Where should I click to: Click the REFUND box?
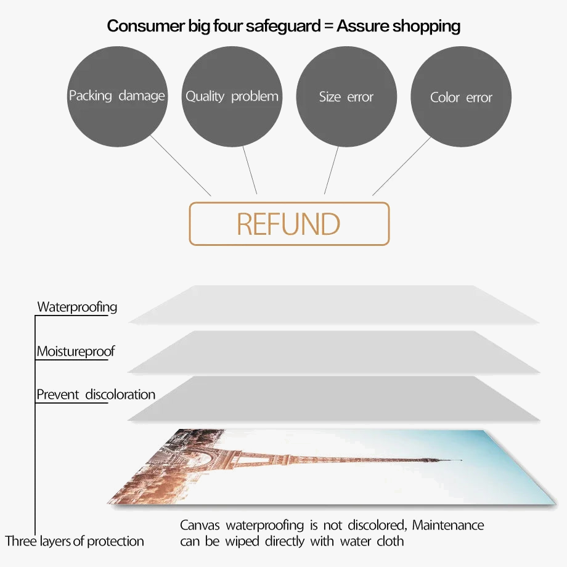289,224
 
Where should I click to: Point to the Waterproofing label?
77,306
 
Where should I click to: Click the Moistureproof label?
75,351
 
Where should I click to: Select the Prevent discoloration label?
96,394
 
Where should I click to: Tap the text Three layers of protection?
75,541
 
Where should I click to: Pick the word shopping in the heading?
426,26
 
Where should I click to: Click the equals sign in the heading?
327,27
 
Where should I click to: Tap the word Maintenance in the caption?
448,525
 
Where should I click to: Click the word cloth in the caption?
390,541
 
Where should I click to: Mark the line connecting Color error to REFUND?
402,166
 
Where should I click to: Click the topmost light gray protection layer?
333,304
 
